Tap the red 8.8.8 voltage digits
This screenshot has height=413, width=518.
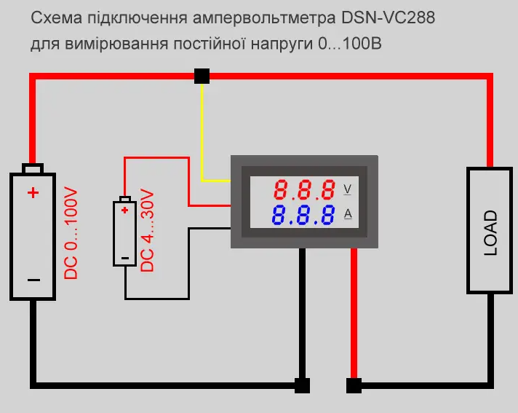[305, 191]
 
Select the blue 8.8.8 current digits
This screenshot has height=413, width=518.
[305, 215]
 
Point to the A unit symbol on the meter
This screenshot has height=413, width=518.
[348, 213]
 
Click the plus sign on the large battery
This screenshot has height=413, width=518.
[33, 193]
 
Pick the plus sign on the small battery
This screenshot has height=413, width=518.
[125, 211]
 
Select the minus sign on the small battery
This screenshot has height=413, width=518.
[125, 256]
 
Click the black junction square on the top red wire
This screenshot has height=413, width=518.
[202, 76]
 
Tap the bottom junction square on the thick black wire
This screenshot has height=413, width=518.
[301, 385]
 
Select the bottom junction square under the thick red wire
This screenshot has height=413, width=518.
[354, 385]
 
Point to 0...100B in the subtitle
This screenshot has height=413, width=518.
[350, 44]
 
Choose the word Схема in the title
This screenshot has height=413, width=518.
[53, 18]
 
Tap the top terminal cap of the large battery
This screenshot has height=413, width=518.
[33, 169]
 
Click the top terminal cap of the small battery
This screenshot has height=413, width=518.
[125, 199]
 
